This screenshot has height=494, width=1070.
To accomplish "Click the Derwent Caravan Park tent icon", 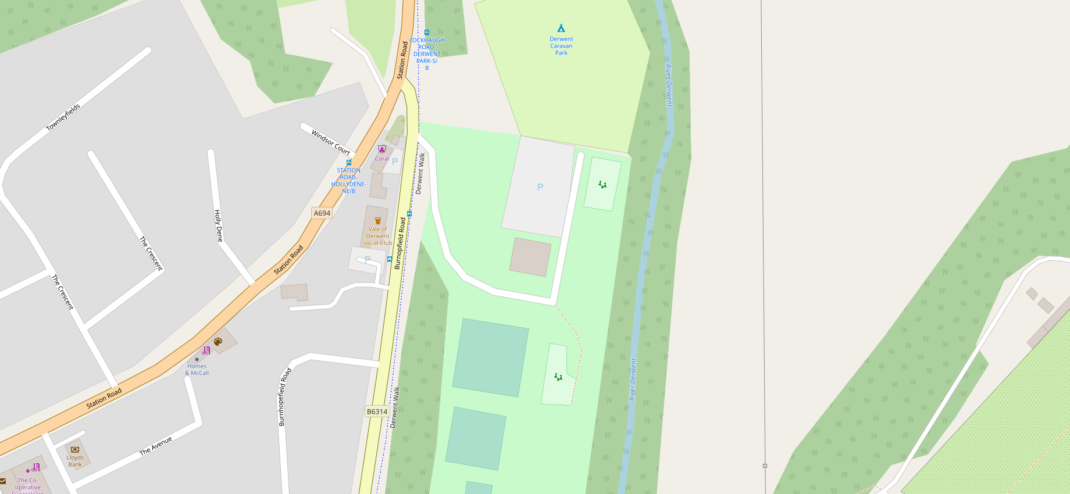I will pos(561,28).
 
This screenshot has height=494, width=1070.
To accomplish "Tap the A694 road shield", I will pos(322,213).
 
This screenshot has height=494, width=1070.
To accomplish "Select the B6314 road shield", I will pos(377,411).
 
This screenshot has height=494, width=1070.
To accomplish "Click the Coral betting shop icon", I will pos(381,149).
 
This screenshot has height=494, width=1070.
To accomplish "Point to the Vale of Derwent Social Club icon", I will pos(378,221).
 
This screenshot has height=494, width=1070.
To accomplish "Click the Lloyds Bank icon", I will pos(75,449).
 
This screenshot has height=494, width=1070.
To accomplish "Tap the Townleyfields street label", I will pos(63,117).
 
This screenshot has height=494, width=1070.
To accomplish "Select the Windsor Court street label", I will pos(330,142).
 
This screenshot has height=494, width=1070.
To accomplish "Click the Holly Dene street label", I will pos(218,225).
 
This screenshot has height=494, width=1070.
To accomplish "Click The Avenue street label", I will pos(156,446).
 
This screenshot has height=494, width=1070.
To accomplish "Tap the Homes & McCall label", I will pos(197,370).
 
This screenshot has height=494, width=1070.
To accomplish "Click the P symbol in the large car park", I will pos(540,187).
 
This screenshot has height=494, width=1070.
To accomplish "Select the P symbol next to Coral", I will pos(395,162).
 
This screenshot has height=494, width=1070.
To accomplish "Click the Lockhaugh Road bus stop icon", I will pos(427,33).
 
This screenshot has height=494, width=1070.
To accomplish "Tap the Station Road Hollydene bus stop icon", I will pos(349,163).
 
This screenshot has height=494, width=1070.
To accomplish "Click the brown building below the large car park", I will pos(530,257).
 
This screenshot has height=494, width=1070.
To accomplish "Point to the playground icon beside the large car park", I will pos(602,185).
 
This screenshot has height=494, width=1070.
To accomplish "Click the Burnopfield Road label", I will pos(400,244).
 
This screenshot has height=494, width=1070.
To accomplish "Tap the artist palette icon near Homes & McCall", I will pos(218,342).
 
